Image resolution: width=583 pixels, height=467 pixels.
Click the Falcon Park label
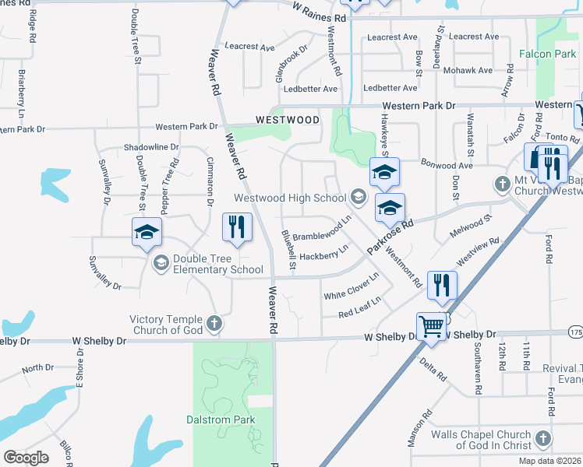tap(547, 54)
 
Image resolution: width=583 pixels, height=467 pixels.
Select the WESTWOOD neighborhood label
tap(288, 120)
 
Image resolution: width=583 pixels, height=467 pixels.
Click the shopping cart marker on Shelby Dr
tap(432, 327)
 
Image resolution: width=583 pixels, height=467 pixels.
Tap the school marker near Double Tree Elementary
tap(147, 232)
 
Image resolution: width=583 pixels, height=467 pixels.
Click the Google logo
tap(26, 458)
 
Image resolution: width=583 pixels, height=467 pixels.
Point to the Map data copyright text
tap(549, 461)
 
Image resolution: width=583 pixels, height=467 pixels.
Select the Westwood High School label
tap(290, 197)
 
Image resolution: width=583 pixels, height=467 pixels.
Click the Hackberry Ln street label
tap(323, 254)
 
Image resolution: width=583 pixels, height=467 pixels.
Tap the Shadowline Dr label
tap(151, 147)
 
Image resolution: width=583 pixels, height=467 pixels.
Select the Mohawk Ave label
tap(468, 70)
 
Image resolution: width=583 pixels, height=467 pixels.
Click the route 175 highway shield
tap(576, 332)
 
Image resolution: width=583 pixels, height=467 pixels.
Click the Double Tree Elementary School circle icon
tap(161, 262)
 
